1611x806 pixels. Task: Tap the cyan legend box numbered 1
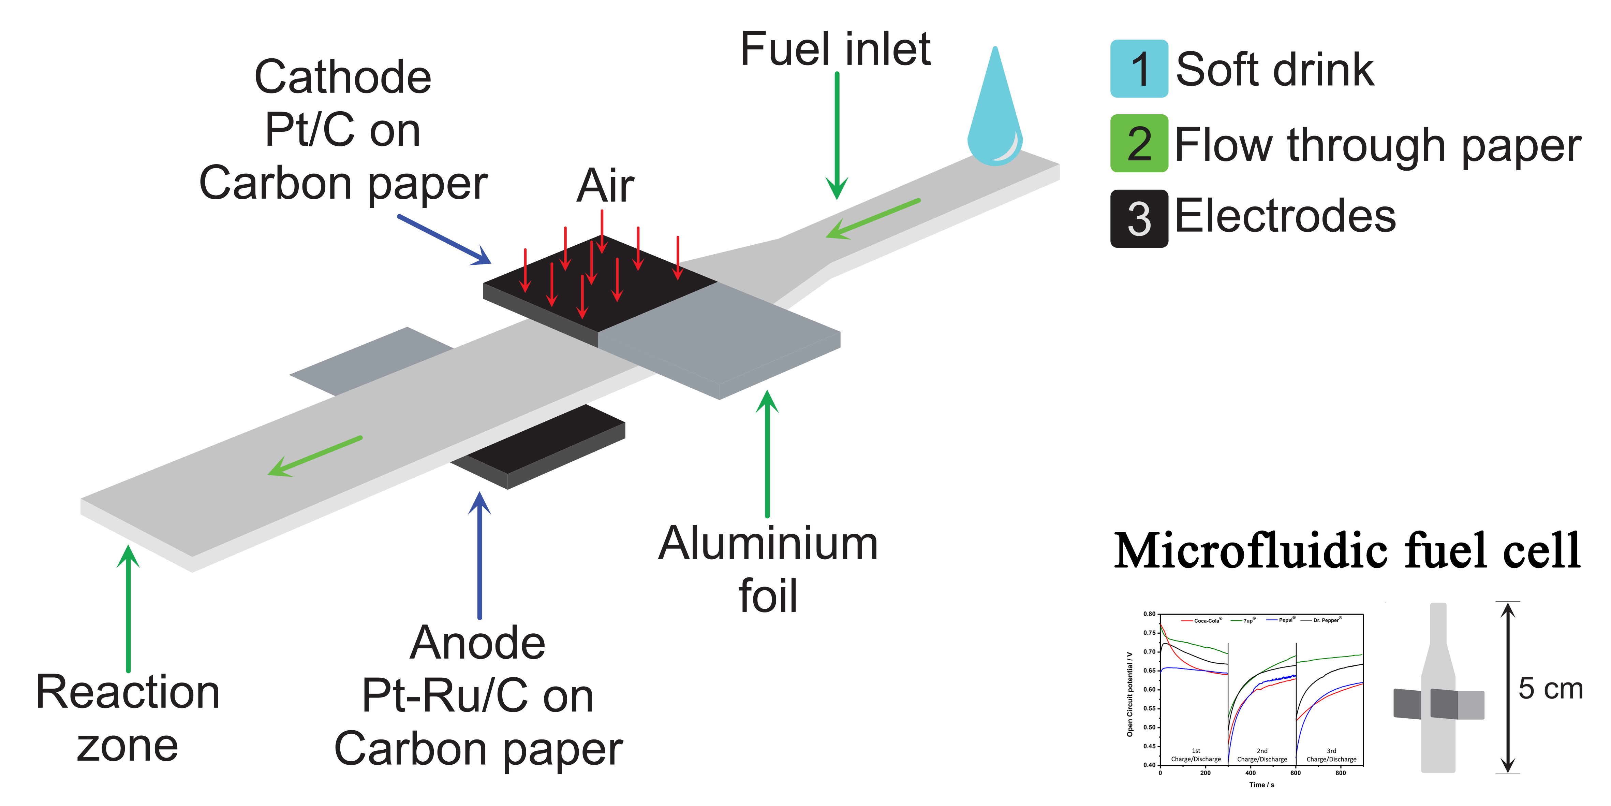click(1139, 69)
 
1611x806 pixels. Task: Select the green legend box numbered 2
click(1139, 143)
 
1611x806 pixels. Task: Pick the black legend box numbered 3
click(1139, 218)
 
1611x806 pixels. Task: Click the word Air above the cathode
click(605, 186)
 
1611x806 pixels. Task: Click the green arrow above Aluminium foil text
click(767, 454)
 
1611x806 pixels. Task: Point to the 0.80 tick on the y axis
click(1150, 614)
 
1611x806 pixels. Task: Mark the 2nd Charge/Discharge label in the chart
click(1262, 755)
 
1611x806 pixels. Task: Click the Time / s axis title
click(1261, 785)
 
